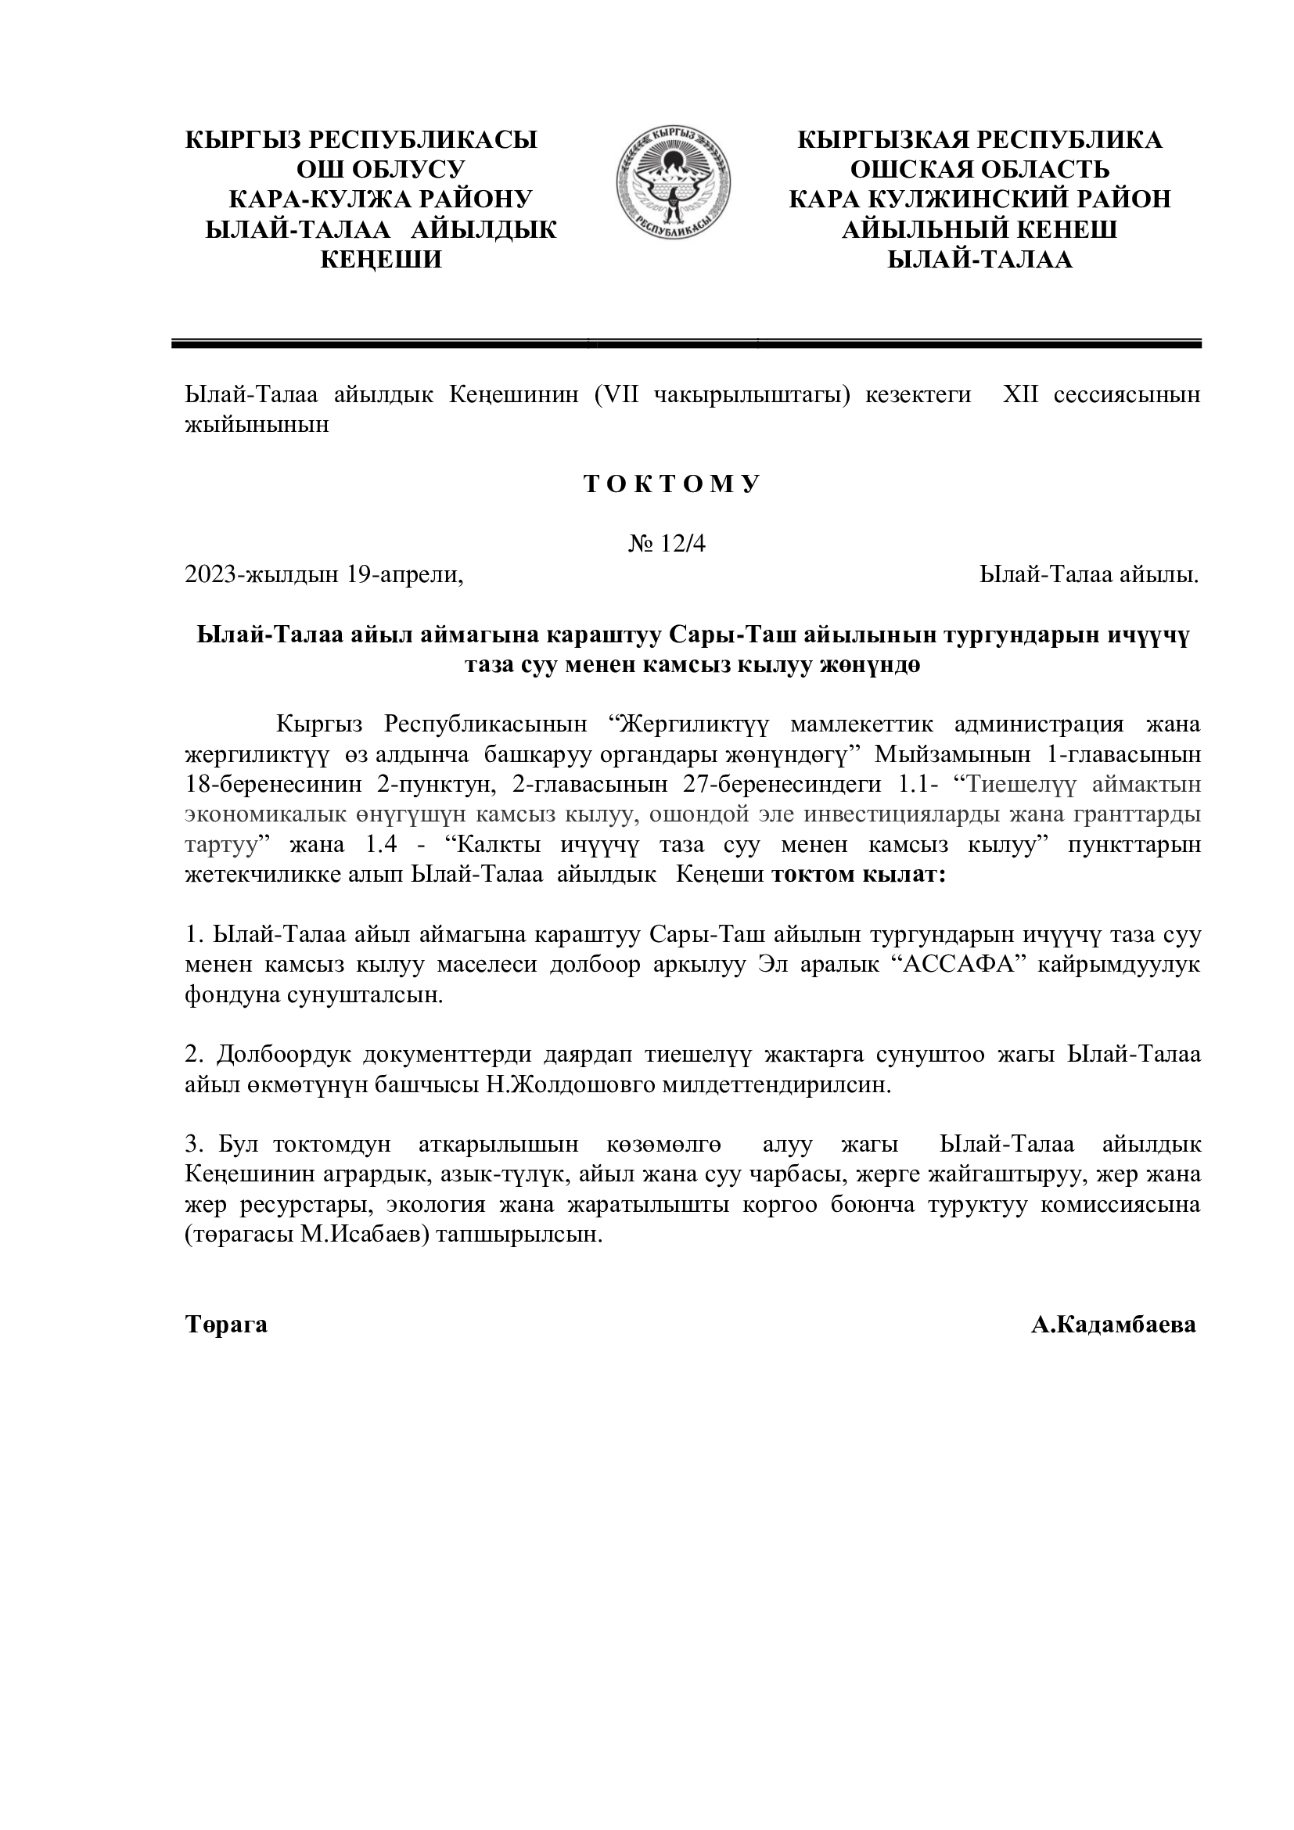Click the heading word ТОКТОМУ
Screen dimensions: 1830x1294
(673, 484)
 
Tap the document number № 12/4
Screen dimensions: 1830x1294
(667, 544)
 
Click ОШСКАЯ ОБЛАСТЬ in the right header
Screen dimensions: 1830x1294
(979, 170)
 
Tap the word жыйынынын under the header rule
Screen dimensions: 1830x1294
(257, 425)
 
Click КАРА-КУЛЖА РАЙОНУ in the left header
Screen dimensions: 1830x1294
(380, 200)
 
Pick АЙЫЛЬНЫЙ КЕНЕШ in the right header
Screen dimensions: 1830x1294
(979, 229)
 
